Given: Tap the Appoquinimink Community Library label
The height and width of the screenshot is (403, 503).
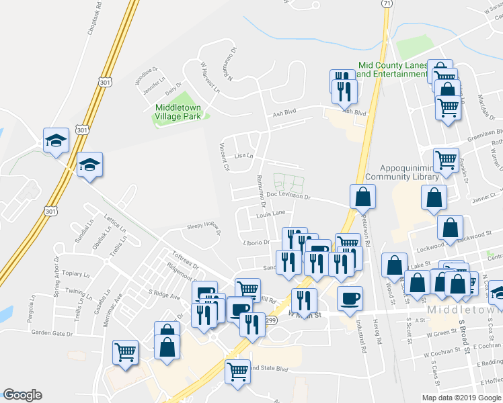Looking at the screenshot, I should click(401, 173).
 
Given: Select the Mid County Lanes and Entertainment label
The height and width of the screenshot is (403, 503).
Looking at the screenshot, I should click(393, 69).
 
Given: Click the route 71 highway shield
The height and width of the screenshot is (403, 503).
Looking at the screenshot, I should click(385, 3).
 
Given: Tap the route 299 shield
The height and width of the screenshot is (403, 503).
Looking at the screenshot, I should click(271, 321).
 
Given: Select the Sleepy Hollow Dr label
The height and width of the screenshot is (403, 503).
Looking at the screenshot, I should click(204, 228).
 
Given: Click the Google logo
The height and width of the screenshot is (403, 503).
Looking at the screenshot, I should click(22, 395).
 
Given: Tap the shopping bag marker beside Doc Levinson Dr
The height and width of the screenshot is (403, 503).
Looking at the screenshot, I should click(362, 197).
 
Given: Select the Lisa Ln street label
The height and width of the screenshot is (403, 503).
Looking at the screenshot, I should click(243, 156).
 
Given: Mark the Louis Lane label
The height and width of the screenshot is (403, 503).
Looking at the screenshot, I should click(271, 214).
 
